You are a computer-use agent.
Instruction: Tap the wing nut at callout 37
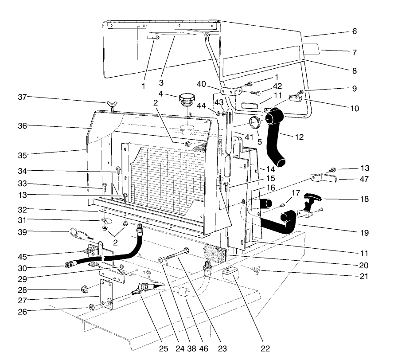[111, 105]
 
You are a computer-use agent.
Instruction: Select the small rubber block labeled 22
[231, 275]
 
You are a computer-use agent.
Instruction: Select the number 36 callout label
[23, 126]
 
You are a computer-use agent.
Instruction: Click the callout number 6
[354, 31]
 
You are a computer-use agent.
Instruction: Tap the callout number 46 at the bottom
[204, 348]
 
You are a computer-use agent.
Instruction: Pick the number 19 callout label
[363, 232]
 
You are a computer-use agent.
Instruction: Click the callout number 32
[23, 209]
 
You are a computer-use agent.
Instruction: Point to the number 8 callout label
[354, 70]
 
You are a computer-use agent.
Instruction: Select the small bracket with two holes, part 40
[230, 91]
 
